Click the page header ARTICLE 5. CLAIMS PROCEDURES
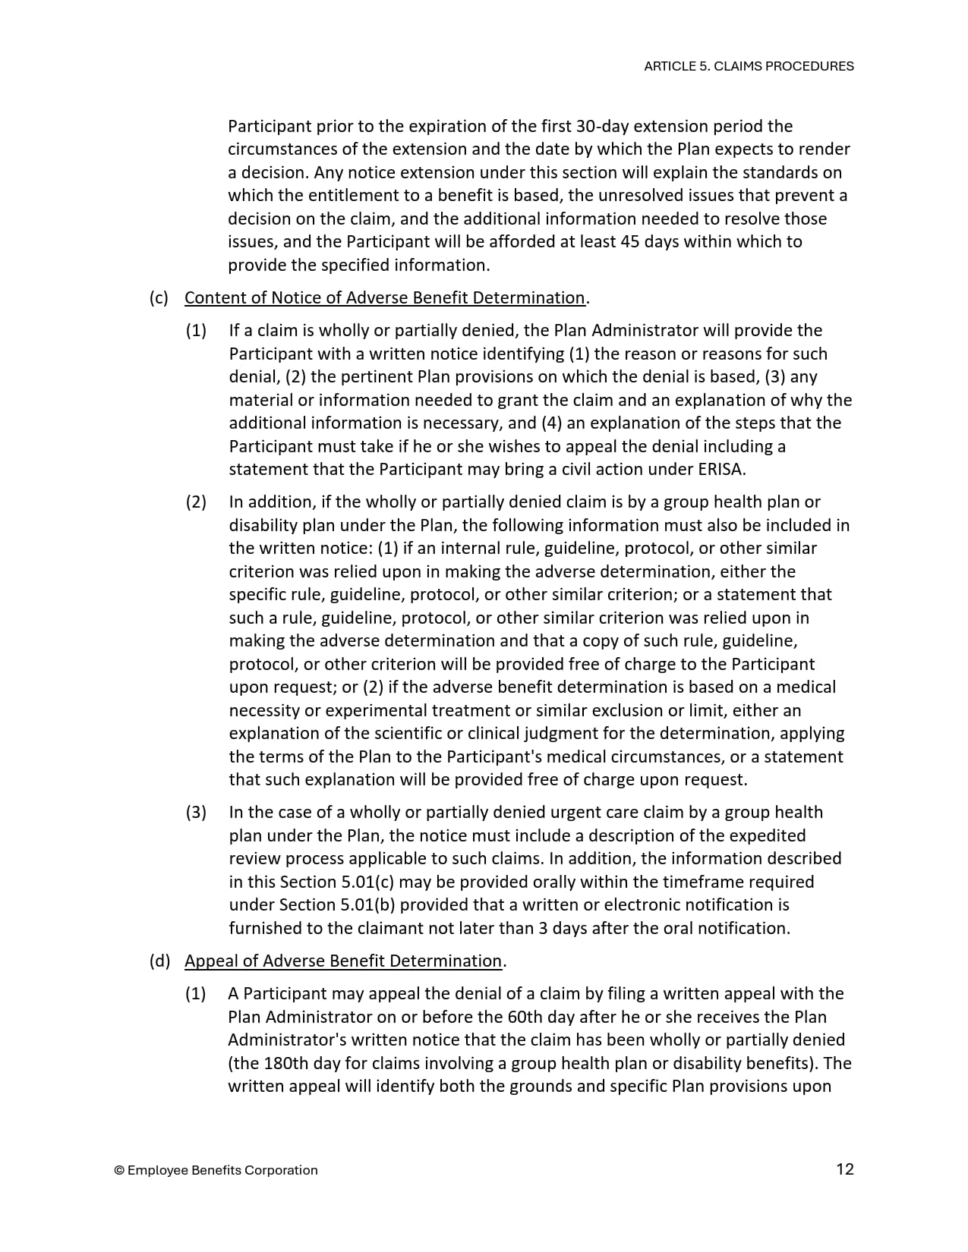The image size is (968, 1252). pos(748,66)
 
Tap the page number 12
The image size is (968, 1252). pos(844,1169)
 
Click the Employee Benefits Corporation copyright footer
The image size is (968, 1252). pos(216,1170)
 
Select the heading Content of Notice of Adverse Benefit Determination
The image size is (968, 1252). pos(385,297)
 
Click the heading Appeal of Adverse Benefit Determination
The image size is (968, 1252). pos(343,961)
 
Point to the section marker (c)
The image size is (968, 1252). pos(159,297)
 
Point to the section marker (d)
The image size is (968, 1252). pos(159,961)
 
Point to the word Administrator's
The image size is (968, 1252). pos(282,1040)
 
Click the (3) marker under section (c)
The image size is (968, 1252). pos(196,812)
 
